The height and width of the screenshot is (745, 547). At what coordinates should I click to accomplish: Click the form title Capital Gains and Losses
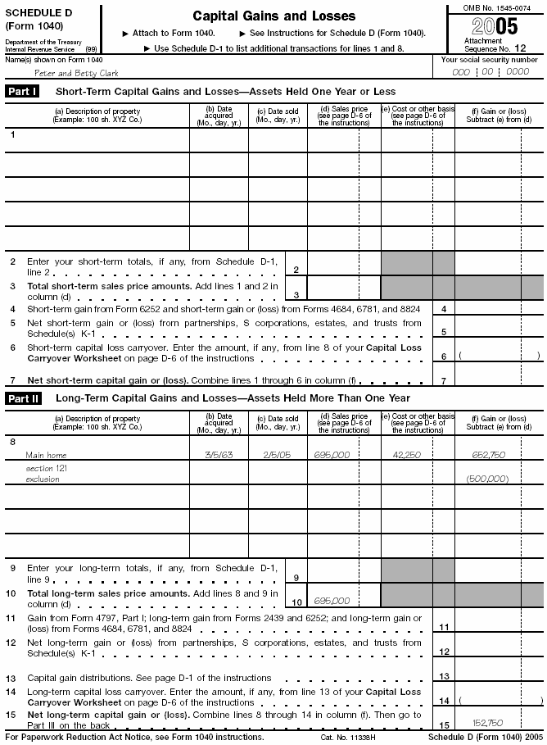(x=273, y=16)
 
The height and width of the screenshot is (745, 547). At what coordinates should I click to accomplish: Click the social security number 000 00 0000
(x=490, y=72)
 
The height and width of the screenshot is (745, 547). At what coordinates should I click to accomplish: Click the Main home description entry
(x=46, y=454)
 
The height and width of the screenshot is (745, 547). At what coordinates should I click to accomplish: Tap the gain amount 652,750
(x=488, y=454)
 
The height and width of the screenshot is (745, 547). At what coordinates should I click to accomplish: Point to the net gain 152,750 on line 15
(x=488, y=722)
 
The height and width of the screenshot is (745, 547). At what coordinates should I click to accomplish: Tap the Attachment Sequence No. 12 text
(x=490, y=44)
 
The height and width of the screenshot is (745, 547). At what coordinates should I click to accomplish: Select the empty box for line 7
(x=499, y=380)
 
